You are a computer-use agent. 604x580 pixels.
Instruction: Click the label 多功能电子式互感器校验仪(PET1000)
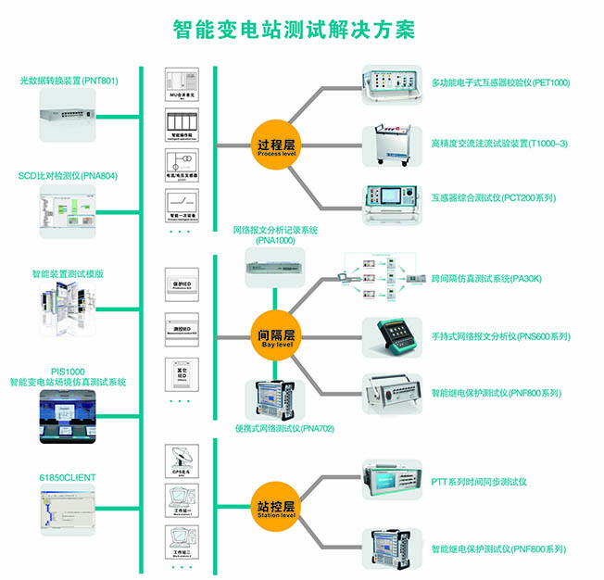coord(500,82)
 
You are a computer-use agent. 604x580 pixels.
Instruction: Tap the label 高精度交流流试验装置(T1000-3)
coord(499,144)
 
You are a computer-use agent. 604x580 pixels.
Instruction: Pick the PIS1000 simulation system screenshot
coord(69,418)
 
